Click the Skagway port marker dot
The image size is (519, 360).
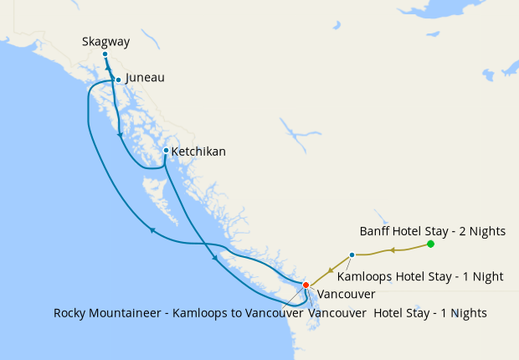105,54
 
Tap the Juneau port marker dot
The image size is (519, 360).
118,80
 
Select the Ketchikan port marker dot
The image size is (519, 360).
166,151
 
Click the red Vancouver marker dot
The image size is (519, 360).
306,285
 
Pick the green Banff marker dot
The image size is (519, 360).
430,244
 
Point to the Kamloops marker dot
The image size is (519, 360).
352,255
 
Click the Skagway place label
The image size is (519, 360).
105,41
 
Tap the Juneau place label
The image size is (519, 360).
145,78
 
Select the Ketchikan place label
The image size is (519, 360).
198,152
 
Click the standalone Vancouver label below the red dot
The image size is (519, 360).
346,294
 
